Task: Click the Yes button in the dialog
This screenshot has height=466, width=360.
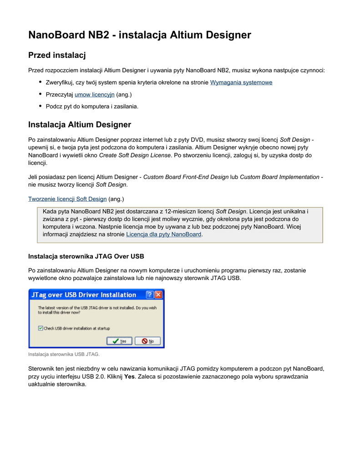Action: tap(119, 341)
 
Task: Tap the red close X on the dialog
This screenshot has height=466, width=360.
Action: tap(158, 295)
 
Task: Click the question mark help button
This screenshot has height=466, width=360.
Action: tap(149, 295)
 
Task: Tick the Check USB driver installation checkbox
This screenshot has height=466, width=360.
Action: tap(41, 328)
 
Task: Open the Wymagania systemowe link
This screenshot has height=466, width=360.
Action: tap(241, 82)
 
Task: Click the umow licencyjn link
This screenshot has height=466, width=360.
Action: tap(94, 94)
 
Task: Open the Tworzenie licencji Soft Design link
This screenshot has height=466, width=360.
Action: tap(67, 199)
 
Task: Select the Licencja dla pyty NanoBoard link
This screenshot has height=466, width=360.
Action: tap(163, 234)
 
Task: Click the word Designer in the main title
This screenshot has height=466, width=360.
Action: tap(226, 35)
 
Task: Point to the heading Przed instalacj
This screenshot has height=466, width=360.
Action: tap(57, 56)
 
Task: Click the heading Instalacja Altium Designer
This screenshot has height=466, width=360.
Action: tap(80, 125)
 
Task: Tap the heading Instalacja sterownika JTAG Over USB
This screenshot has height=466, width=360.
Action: tap(86, 256)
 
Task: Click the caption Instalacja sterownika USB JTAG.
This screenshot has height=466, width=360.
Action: tap(64, 354)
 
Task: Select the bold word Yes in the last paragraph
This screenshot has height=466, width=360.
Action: tap(129, 376)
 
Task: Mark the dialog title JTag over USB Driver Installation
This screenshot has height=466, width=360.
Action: tap(84, 295)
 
